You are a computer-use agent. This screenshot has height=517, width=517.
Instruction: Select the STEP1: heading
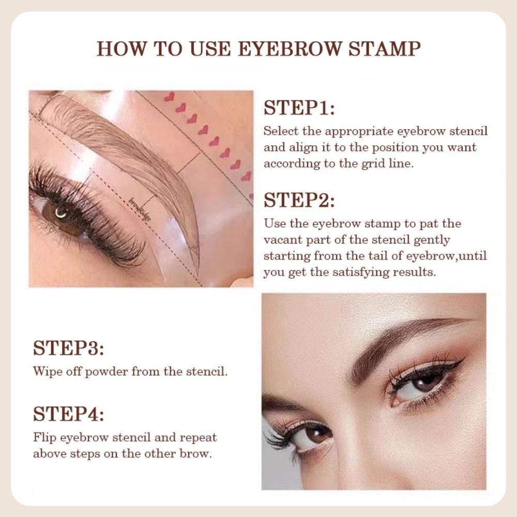pos(299,109)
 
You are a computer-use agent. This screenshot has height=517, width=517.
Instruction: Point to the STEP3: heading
pos(68,348)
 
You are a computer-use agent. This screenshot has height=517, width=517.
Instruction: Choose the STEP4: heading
pos(68,414)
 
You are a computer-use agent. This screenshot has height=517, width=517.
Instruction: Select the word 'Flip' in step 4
pos(43,437)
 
